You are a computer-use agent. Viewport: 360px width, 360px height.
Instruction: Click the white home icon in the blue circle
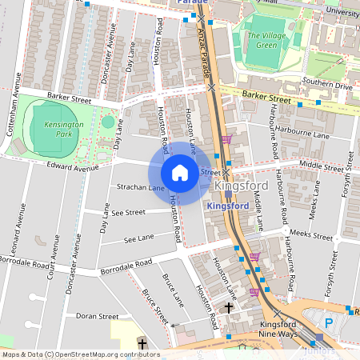pos(180,173)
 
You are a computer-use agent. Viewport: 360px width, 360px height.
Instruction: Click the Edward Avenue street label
pos(72,168)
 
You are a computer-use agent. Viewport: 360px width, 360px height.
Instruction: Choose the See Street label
pos(129,213)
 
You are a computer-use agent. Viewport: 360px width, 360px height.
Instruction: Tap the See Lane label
pos(138,239)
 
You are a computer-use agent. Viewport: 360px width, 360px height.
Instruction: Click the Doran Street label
pos(97,316)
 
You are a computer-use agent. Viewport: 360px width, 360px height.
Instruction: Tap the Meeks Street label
pos(310,236)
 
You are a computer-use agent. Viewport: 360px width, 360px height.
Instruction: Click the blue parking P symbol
pos(329,323)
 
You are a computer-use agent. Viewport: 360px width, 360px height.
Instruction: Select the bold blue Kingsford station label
pos(227,206)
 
